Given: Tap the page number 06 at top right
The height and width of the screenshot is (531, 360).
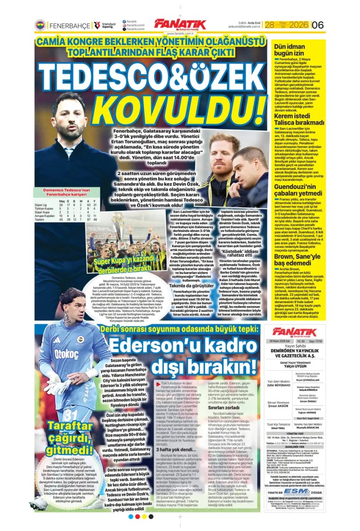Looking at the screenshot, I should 318,25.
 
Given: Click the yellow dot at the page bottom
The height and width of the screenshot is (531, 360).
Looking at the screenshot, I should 145,517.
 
